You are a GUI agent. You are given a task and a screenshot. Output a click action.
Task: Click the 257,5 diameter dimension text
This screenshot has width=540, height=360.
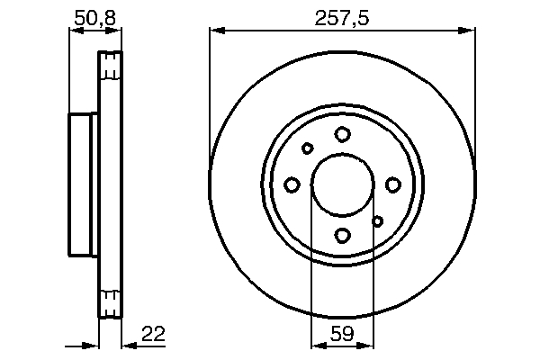[x=343, y=17]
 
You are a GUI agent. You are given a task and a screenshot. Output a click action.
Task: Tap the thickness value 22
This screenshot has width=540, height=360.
[x=154, y=335]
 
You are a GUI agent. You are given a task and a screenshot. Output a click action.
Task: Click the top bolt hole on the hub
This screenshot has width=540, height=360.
[x=342, y=134]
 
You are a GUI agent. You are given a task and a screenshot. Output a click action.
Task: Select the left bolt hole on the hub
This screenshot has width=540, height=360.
[x=292, y=184]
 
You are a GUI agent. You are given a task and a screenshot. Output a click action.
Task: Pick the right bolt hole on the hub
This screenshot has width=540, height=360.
[x=393, y=184]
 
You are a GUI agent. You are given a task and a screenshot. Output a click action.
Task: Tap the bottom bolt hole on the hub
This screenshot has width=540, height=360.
[x=342, y=236]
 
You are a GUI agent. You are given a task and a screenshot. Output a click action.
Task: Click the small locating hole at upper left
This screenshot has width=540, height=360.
[x=308, y=148]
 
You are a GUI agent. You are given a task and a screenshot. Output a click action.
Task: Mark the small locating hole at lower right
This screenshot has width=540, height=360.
[x=378, y=220]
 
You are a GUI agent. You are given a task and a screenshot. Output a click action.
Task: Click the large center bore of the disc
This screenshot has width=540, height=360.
[x=342, y=184]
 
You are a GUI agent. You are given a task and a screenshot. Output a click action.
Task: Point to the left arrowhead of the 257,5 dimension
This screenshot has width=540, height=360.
[x=215, y=32]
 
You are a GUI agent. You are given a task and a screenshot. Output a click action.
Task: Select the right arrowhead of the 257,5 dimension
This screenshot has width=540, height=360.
[x=469, y=32]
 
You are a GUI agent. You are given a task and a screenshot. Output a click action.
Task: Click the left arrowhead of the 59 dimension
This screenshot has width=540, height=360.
[x=316, y=344]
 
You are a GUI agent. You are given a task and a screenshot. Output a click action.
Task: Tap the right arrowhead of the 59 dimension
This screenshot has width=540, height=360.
[x=368, y=344]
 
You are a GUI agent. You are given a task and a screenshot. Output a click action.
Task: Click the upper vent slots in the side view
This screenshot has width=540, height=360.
[x=109, y=67]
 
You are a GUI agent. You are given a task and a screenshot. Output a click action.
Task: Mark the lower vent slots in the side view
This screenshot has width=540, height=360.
[x=109, y=302]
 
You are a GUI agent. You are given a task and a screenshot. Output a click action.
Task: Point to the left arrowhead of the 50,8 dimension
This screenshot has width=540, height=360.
[x=75, y=32]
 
